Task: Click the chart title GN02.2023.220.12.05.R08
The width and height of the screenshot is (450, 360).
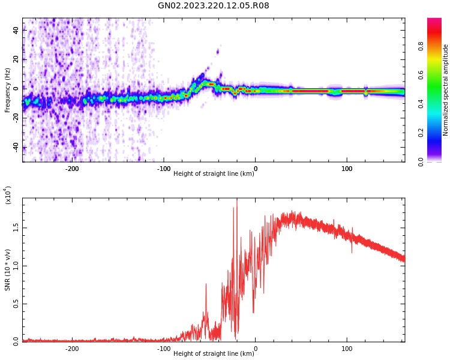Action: click(x=214, y=6)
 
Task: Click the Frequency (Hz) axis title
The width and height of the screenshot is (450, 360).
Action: click(x=8, y=90)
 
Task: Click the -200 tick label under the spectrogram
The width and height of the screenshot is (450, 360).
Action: click(x=72, y=169)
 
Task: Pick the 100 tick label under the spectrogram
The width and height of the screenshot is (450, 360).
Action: click(x=347, y=169)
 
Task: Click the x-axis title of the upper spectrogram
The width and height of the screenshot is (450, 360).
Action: click(x=214, y=174)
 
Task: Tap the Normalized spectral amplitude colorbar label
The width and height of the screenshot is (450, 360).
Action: click(x=446, y=90)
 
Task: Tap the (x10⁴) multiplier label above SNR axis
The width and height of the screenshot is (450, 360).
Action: click(x=8, y=194)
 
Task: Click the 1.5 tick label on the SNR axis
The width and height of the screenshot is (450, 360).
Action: click(x=16, y=228)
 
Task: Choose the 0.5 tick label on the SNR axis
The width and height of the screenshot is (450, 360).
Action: click(x=16, y=304)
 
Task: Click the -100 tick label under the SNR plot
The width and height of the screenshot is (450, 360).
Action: click(x=163, y=349)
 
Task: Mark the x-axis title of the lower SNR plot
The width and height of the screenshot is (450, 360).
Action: click(x=214, y=354)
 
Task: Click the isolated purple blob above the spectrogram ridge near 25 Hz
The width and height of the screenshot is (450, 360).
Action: click(x=217, y=52)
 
